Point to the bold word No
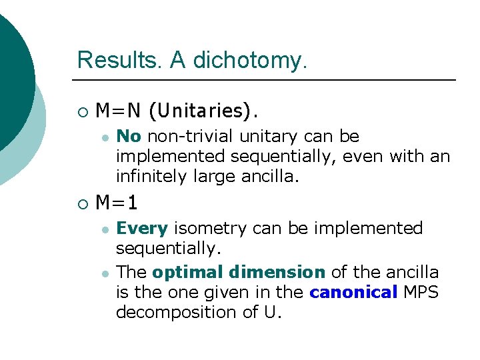click(x=129, y=137)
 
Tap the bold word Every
click(x=142, y=229)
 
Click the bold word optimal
click(x=187, y=272)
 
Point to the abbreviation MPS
click(x=419, y=292)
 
